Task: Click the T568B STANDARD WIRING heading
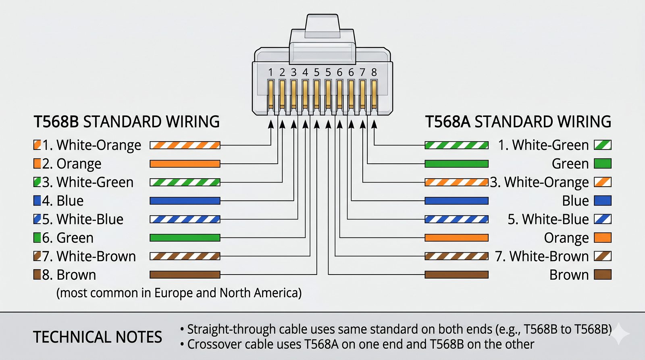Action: point(127,122)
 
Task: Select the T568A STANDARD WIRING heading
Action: point(518,122)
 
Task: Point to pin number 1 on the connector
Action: point(270,73)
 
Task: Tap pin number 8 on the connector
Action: point(374,73)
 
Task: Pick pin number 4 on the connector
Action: point(305,73)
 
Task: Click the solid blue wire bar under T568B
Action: point(185,201)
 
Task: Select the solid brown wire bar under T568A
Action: point(456,275)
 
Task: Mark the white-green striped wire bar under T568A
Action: point(456,145)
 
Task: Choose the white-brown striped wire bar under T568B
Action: point(185,256)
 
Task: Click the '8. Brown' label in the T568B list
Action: point(69,275)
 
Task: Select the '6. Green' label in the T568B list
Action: point(68,238)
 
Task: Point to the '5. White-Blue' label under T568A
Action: point(548,219)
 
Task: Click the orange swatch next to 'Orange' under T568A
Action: point(603,238)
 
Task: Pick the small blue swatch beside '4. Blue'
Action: point(37,201)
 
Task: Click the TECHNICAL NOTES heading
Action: point(98,337)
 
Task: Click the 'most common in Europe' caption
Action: point(179,293)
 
